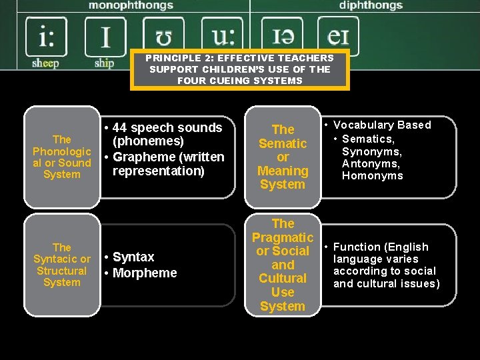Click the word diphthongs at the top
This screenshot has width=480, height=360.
pyautogui.click(x=371, y=5)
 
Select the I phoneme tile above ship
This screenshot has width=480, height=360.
pyautogui.click(x=105, y=36)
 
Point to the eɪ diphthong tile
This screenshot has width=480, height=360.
pyautogui.click(x=338, y=36)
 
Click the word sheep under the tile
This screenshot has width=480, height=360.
pyautogui.click(x=45, y=63)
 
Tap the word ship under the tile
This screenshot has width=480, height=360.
pyautogui.click(x=104, y=63)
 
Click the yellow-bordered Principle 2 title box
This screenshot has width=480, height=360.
pyautogui.click(x=240, y=69)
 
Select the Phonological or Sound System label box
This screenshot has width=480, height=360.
pyautogui.click(x=62, y=157)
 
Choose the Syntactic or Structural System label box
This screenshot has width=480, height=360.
pyautogui.click(x=62, y=265)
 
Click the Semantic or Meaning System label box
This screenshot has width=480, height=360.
pyautogui.click(x=283, y=157)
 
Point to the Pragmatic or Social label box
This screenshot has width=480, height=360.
pyautogui.click(x=283, y=265)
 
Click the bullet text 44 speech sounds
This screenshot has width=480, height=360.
pyautogui.click(x=167, y=127)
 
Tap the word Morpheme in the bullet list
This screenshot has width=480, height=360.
pyautogui.click(x=145, y=273)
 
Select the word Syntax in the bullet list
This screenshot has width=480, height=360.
pyautogui.click(x=133, y=257)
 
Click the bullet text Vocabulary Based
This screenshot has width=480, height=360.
pyautogui.click(x=382, y=125)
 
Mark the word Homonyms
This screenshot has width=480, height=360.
pyautogui.click(x=373, y=175)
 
